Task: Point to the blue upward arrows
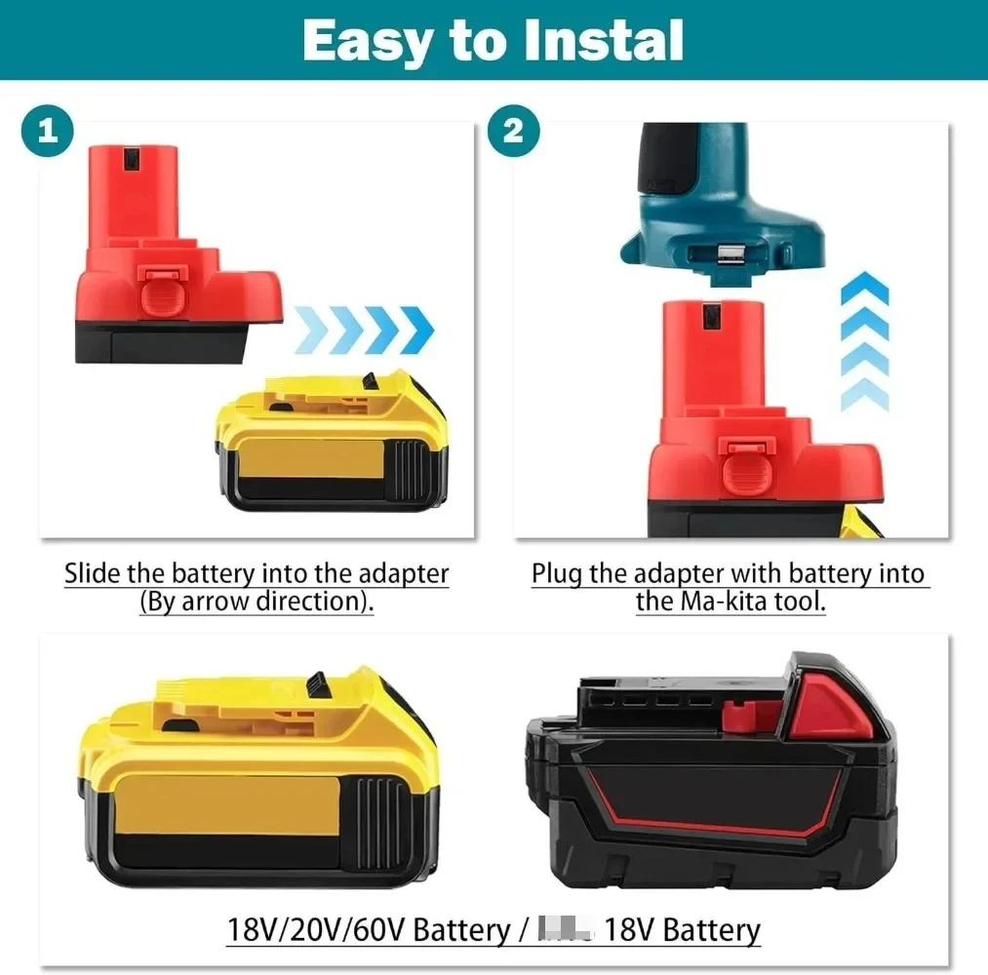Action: click(864, 341)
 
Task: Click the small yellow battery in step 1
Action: click(332, 445)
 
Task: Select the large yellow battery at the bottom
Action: click(259, 780)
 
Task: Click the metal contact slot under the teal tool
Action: click(728, 255)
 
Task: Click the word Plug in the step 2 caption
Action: click(556, 573)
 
